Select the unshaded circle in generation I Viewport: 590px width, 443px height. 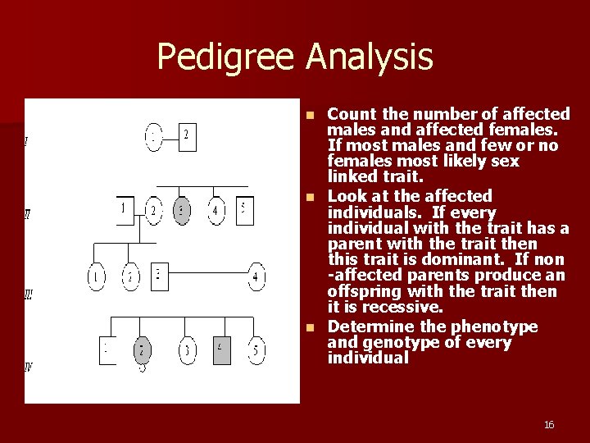154,137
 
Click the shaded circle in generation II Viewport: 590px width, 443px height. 183,212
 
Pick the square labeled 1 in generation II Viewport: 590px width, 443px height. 124,210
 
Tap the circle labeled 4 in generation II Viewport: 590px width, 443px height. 216,212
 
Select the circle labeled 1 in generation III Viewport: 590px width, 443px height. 97,277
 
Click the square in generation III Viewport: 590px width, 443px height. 160,276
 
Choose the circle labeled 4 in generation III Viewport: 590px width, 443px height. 256,277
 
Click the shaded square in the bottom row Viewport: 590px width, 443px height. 221,350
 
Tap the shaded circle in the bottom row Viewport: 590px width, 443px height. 142,351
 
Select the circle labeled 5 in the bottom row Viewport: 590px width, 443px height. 256,350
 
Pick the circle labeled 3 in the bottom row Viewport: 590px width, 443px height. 188,351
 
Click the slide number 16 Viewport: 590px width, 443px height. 549,424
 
